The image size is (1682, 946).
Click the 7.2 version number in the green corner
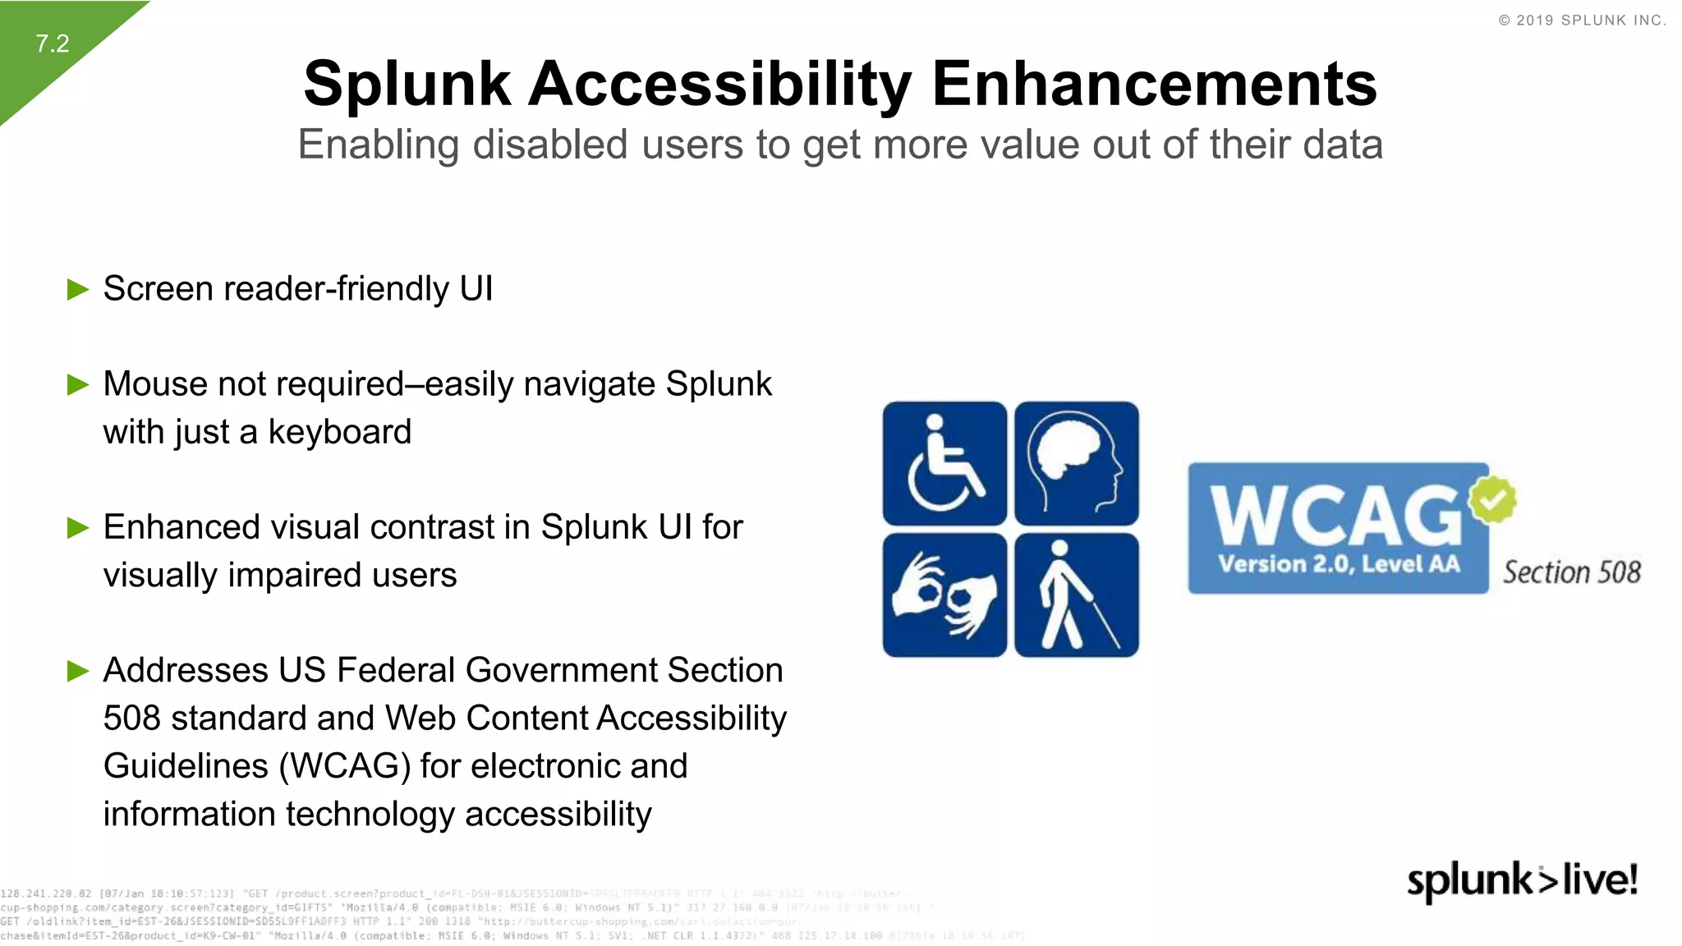click(x=53, y=44)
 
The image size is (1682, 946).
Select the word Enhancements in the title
click(x=1154, y=85)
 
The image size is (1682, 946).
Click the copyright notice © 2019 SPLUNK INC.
click(x=1582, y=21)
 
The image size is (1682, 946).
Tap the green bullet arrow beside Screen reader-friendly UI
click(x=78, y=289)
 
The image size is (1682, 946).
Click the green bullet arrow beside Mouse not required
click(x=78, y=384)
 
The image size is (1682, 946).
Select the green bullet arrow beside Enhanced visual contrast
click(x=78, y=527)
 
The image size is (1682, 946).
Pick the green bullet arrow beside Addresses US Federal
click(x=78, y=671)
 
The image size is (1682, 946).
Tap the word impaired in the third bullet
click(x=298, y=576)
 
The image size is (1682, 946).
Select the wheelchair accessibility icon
click(x=944, y=463)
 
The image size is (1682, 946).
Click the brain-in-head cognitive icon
click(x=1077, y=463)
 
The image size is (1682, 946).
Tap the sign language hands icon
click(x=944, y=595)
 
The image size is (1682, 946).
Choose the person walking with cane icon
click(x=1077, y=595)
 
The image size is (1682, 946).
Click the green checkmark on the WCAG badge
click(x=1492, y=498)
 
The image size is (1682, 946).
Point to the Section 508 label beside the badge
click(x=1571, y=572)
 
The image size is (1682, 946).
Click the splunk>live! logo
click(x=1522, y=881)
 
